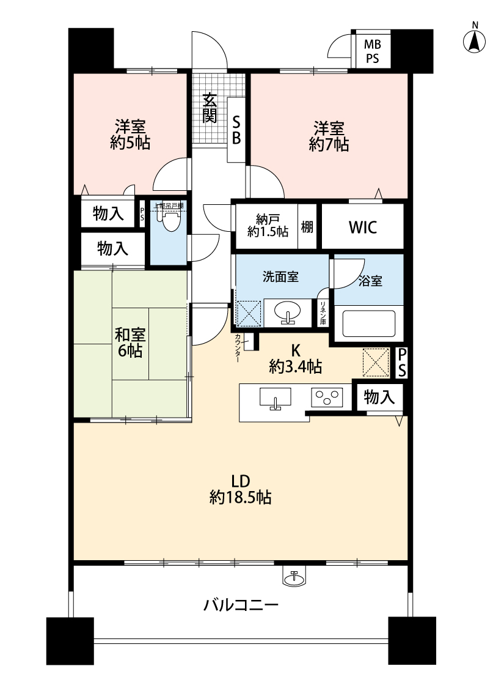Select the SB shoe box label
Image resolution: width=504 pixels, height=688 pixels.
point(236,129)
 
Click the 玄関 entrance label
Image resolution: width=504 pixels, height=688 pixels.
point(210,108)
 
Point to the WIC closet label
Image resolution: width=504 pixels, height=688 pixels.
point(363,227)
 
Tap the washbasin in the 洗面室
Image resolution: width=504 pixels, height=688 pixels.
point(287,313)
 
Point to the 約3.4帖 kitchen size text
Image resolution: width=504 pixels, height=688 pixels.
point(296,367)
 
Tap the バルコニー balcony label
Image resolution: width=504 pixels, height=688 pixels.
point(241,605)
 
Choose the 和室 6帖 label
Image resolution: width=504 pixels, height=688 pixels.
point(130,342)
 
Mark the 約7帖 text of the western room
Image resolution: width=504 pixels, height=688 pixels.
point(329,144)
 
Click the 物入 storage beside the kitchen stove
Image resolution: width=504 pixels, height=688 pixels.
point(379,398)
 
